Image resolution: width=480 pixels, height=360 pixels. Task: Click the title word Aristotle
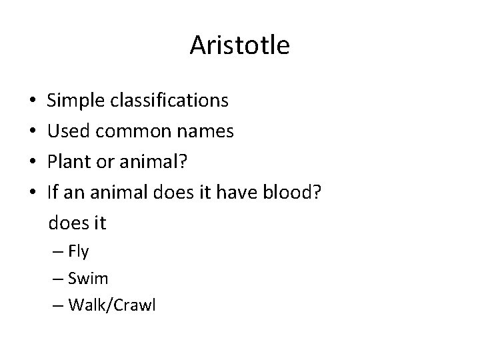pyautogui.click(x=239, y=46)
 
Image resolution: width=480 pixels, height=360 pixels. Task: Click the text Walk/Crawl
pyautogui.click(x=111, y=306)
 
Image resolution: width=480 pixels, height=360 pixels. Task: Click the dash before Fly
pyautogui.click(x=55, y=252)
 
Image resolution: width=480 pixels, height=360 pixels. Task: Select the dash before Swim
pyautogui.click(x=55, y=279)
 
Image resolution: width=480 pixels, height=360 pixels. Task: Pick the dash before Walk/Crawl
pyautogui.click(x=55, y=306)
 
